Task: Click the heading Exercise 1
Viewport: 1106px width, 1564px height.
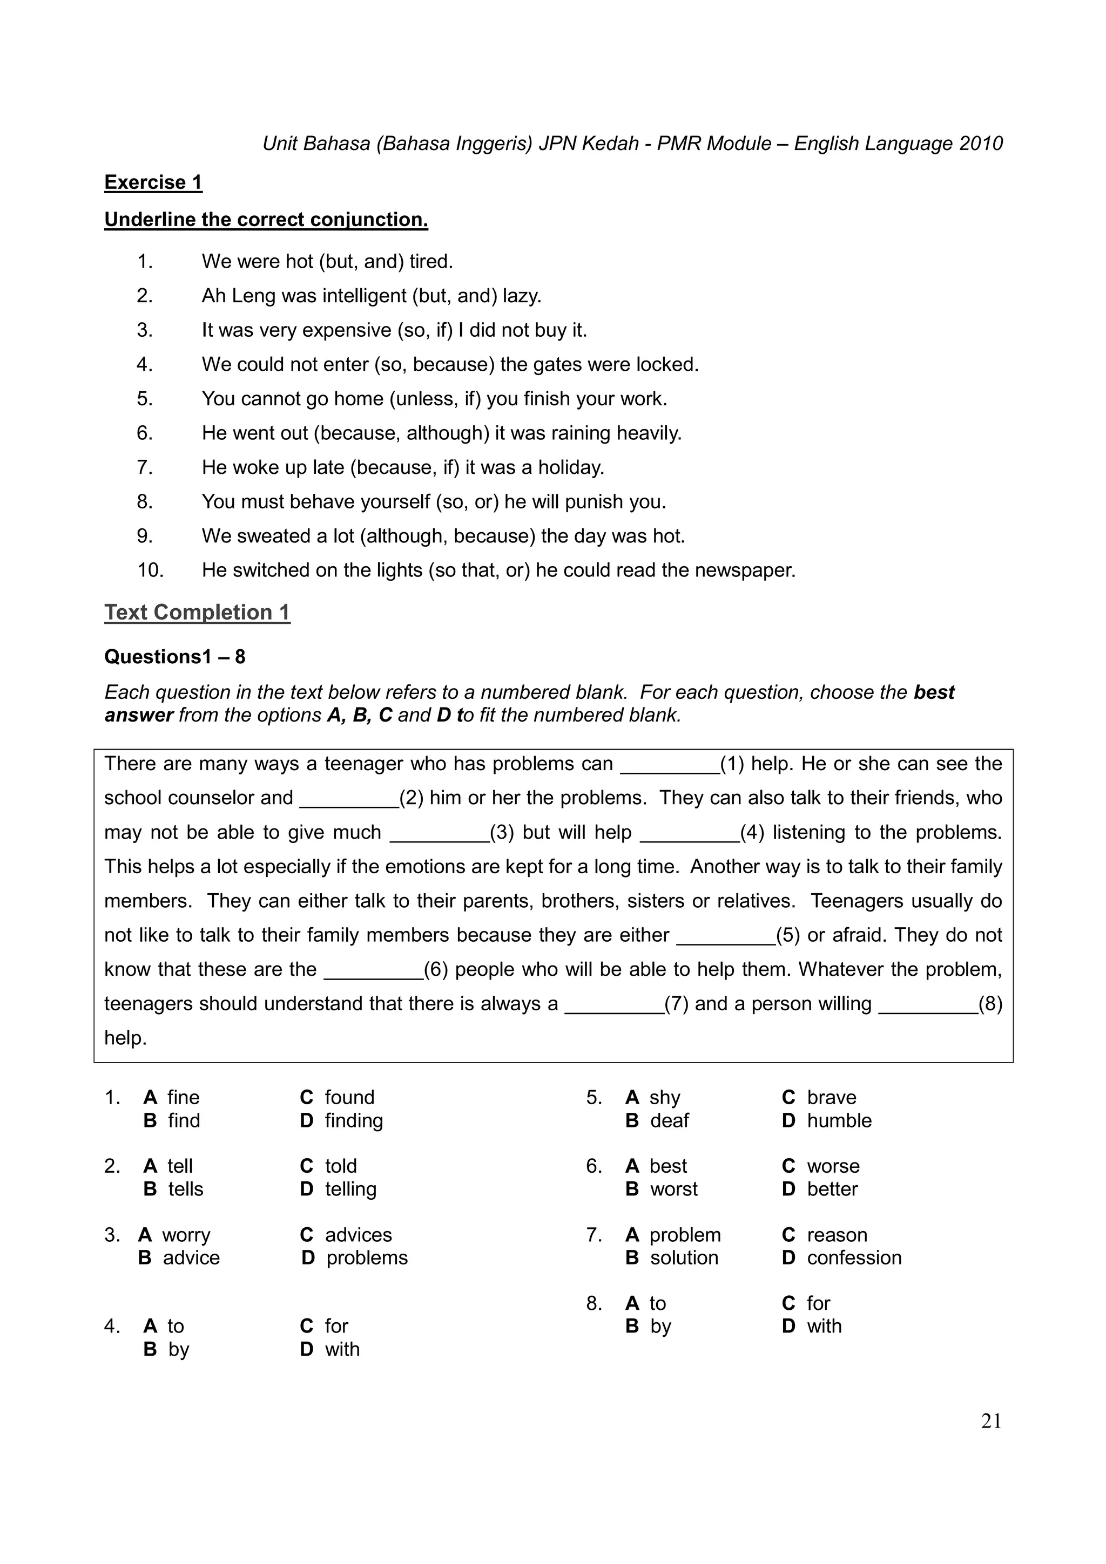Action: [153, 182]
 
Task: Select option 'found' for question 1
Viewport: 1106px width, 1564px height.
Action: [349, 1097]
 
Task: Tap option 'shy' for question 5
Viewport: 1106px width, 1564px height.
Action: [664, 1097]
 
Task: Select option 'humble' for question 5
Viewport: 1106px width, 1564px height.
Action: [839, 1120]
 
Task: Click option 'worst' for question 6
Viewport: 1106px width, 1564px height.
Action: [673, 1189]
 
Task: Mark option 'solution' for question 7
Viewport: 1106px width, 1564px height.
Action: [684, 1257]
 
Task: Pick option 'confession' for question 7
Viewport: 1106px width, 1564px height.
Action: [854, 1257]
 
